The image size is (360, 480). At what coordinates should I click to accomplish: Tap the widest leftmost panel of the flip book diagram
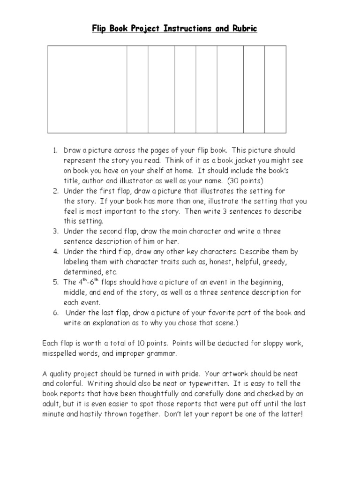point(87,89)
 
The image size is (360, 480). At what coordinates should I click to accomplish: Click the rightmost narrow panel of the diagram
point(275,89)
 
